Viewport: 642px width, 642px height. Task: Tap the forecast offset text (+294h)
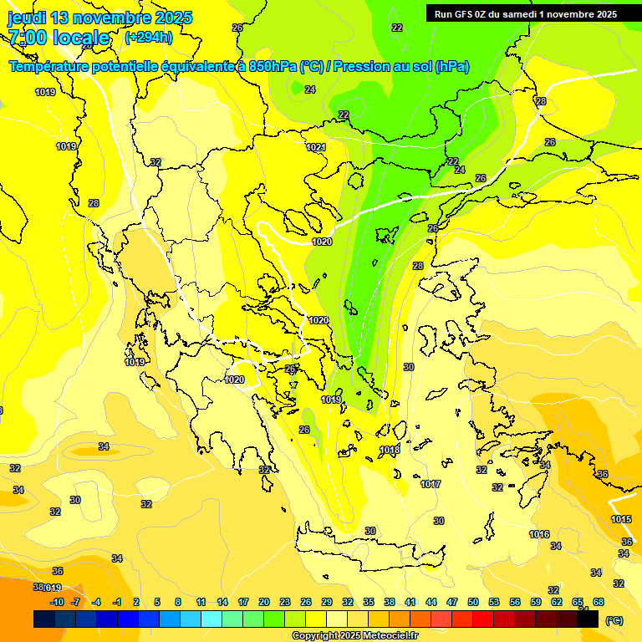click(148, 37)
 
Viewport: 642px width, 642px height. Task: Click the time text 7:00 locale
click(59, 38)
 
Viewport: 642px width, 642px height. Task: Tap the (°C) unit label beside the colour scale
click(614, 619)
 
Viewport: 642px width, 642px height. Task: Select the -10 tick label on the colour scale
click(57, 602)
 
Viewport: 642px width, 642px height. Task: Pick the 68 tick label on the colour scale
click(599, 602)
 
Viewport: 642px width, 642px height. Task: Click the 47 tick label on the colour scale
click(452, 602)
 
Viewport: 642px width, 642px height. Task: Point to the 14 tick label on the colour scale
click(222, 602)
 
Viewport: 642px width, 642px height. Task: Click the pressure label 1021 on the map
click(315, 147)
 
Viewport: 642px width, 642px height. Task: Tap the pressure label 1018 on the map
click(390, 451)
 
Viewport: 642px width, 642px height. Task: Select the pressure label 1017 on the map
click(431, 485)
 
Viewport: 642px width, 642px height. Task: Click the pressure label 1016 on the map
click(539, 534)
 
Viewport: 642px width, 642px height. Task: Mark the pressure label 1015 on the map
click(621, 519)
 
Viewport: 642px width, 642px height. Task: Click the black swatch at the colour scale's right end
click(588, 619)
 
